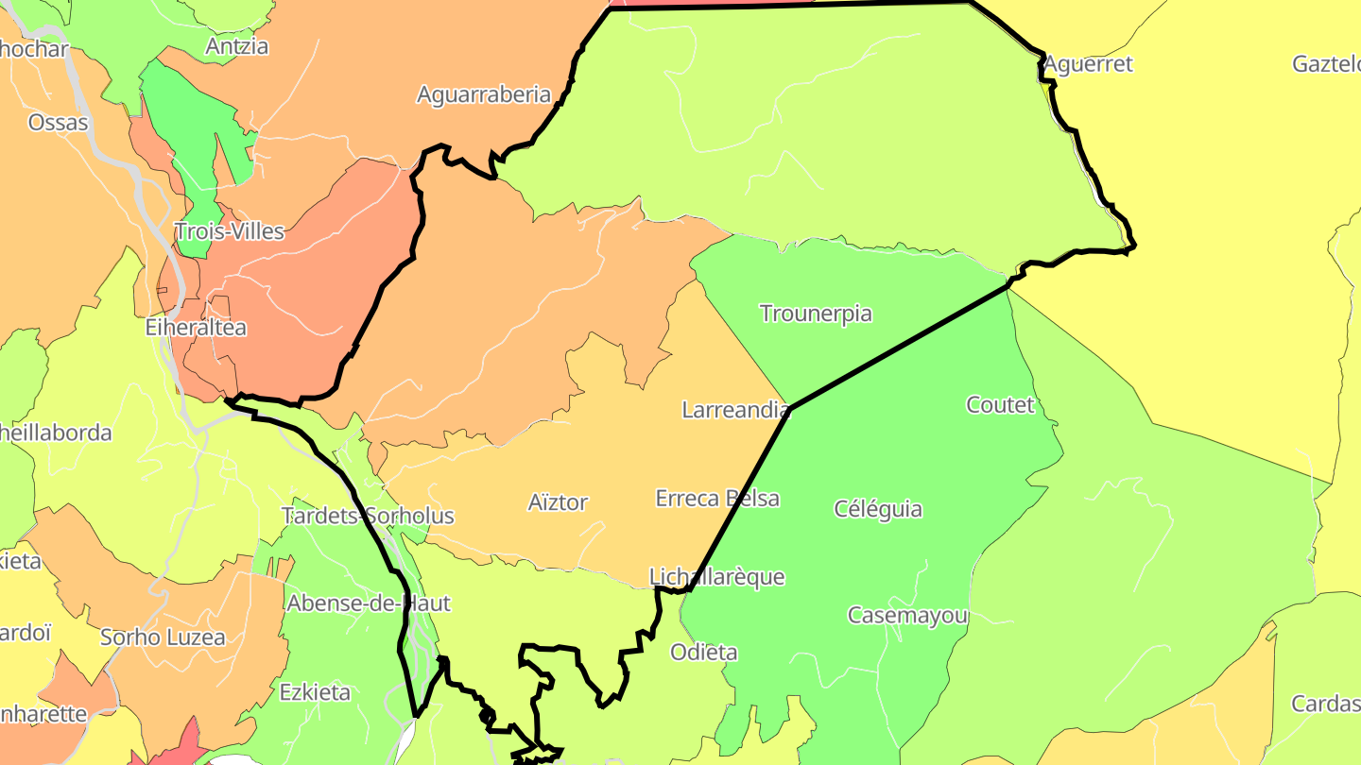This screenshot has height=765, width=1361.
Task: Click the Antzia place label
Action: pyautogui.click(x=237, y=46)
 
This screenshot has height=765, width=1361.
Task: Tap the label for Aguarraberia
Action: pyautogui.click(x=483, y=94)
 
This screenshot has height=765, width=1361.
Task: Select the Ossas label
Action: pyautogui.click(x=59, y=123)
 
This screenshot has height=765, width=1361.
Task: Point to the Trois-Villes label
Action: pyautogui.click(x=230, y=231)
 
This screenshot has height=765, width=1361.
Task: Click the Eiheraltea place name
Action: pyautogui.click(x=196, y=328)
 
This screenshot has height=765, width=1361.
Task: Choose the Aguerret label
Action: pyautogui.click(x=1088, y=64)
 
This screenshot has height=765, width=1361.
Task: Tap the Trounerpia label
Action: pyautogui.click(x=816, y=314)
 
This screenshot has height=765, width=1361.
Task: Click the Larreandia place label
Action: pyautogui.click(x=735, y=410)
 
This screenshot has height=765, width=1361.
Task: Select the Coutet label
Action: pyautogui.click(x=1000, y=405)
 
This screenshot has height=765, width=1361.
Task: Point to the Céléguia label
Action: pyautogui.click(x=878, y=509)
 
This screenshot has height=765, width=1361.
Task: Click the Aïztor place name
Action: pyautogui.click(x=558, y=502)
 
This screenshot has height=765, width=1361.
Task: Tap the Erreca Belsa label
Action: pyautogui.click(x=717, y=499)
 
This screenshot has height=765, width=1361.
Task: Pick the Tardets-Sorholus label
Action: pyautogui.click(x=368, y=516)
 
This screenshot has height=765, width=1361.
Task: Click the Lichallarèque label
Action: pyautogui.click(x=716, y=577)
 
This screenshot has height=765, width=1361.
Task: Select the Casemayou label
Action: pyautogui.click(x=907, y=616)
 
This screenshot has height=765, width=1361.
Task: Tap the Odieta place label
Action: pyautogui.click(x=703, y=653)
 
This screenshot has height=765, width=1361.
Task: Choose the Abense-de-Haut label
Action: pyautogui.click(x=369, y=603)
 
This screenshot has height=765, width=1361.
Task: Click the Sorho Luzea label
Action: pyautogui.click(x=163, y=637)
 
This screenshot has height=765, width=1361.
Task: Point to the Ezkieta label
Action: pyautogui.click(x=315, y=692)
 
